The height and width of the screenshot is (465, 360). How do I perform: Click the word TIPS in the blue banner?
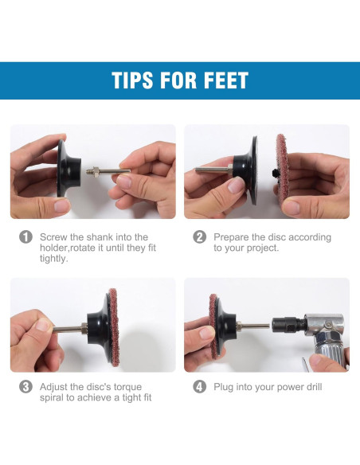pos(132,80)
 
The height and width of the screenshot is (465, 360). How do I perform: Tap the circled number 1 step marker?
pos(25,237)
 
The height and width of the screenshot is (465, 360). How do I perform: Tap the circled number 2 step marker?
pos(200,237)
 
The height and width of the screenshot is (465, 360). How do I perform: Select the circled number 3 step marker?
pos(25,387)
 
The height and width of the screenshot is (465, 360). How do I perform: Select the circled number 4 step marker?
pos(200,387)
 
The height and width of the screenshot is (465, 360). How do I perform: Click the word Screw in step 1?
pos(53,237)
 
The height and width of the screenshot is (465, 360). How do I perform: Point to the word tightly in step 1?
pos(54,259)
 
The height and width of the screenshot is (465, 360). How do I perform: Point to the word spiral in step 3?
pos(52,397)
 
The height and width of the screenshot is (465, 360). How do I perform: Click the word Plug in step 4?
pos(223,387)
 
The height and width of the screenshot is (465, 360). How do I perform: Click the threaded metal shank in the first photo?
pos(108,171)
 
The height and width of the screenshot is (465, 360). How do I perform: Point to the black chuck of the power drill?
pos(287,326)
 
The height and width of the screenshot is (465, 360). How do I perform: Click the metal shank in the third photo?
pos(70,329)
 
